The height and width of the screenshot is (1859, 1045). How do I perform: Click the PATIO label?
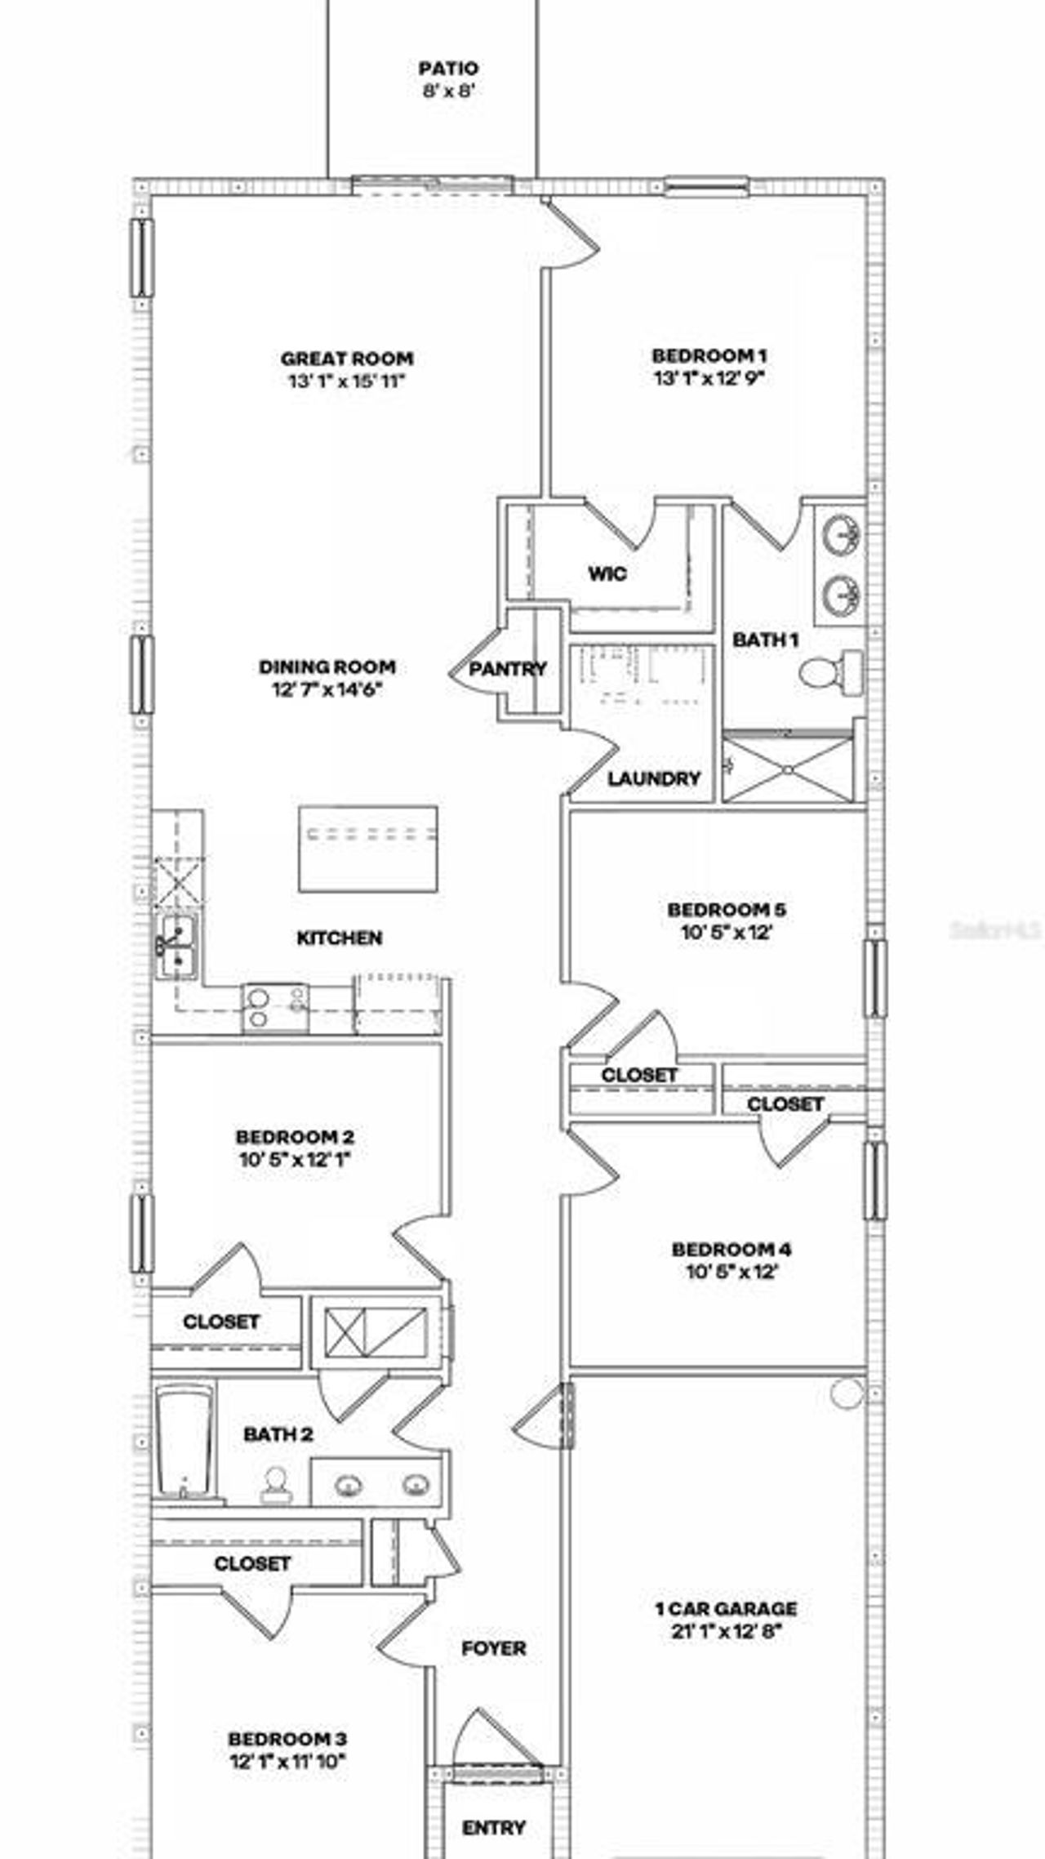pyautogui.click(x=448, y=69)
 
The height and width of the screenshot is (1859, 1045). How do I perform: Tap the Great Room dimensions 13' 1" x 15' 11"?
pyautogui.click(x=347, y=381)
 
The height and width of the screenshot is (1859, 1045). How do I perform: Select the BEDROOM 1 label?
pyautogui.click(x=709, y=356)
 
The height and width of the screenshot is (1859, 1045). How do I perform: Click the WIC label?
pyautogui.click(x=608, y=574)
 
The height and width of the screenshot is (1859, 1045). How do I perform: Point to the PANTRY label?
pyautogui.click(x=508, y=669)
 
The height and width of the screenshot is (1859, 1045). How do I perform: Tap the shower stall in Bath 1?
pyautogui.click(x=788, y=769)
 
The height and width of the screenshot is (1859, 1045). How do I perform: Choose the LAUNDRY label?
pyautogui.click(x=654, y=778)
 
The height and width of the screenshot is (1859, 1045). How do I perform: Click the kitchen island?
pyautogui.click(x=367, y=849)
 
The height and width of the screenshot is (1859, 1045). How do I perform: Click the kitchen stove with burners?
pyautogui.click(x=275, y=1006)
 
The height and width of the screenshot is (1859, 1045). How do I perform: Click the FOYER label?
pyautogui.click(x=494, y=1648)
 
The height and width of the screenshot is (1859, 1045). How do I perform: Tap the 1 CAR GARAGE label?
pyautogui.click(x=726, y=1609)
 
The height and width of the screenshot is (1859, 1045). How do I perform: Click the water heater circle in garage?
pyautogui.click(x=847, y=1393)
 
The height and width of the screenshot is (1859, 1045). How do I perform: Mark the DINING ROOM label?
pyautogui.click(x=327, y=667)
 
